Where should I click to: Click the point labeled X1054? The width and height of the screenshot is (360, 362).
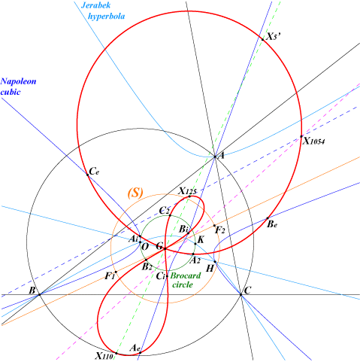coord(301,136)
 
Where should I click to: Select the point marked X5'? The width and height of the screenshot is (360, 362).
coord(263,39)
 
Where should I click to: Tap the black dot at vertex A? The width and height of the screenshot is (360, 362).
coord(215,157)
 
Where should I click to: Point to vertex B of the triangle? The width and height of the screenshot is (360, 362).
coord(39,294)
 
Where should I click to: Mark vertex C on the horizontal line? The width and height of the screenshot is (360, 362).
coord(241,294)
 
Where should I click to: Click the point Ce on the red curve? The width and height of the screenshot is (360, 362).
coord(88,175)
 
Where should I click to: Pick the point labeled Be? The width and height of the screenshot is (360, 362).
coord(268,218)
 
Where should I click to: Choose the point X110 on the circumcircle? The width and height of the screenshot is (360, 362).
coord(116,353)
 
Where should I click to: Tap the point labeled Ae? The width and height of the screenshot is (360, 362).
coord(140,352)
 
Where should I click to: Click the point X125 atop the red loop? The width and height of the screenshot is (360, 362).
coord(189,196)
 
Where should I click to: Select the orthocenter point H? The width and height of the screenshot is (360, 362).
coord(215,261)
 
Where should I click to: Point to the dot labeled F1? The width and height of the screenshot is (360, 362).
coord(116,272)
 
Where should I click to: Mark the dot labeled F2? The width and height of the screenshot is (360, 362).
coord(214,226)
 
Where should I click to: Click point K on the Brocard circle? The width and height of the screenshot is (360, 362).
coord(195,243)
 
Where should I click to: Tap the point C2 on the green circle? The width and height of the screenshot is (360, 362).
coord(170,215)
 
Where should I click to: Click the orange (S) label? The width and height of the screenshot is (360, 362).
coord(135,193)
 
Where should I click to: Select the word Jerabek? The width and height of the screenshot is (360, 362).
coord(96,5)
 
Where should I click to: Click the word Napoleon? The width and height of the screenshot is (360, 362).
coord(18,81)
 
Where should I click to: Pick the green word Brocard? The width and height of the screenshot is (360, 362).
coord(186,275)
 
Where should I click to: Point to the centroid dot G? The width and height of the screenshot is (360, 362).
coord(165,248)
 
